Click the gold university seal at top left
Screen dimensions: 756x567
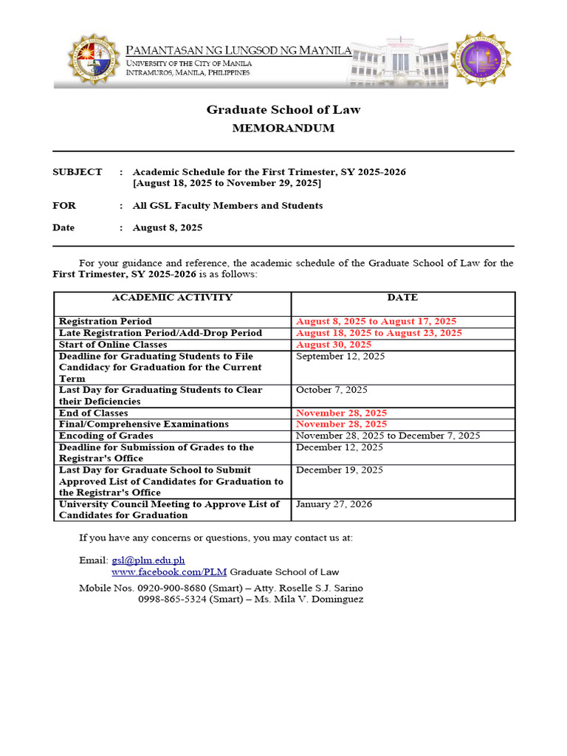click(x=92, y=60)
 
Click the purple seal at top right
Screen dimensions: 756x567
click(x=481, y=59)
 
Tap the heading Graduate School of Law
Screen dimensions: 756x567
click(x=283, y=110)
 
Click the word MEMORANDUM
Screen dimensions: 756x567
click(x=283, y=128)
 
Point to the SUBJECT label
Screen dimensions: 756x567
click(x=78, y=172)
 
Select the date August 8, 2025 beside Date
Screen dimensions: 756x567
click(x=168, y=228)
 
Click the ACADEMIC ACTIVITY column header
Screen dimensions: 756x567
click(x=172, y=298)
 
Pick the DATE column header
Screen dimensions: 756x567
click(x=402, y=298)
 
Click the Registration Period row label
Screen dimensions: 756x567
click(x=106, y=322)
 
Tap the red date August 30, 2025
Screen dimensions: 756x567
click(x=334, y=345)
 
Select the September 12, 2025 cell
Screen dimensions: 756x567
click(x=340, y=357)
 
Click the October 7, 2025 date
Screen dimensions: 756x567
click(x=331, y=390)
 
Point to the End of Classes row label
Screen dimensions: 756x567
click(x=94, y=413)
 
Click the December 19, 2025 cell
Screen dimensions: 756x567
click(x=340, y=470)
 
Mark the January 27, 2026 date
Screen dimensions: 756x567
click(x=334, y=504)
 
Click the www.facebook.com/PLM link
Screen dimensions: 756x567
click(x=169, y=572)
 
